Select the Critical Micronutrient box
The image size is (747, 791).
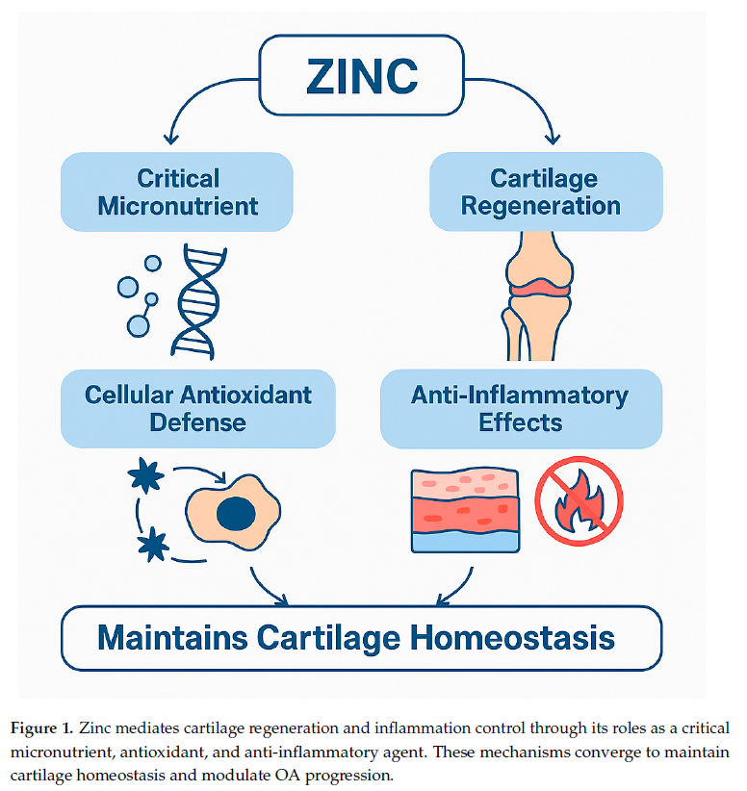(x=177, y=191)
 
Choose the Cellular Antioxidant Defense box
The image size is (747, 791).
(x=198, y=408)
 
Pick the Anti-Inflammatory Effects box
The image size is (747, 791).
(x=521, y=408)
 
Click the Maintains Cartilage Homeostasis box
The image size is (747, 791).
(x=362, y=637)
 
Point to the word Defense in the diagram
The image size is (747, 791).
(x=198, y=421)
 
